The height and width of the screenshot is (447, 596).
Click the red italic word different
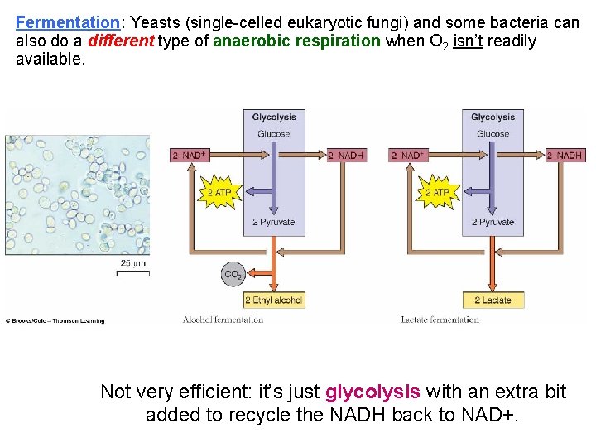click(x=122, y=41)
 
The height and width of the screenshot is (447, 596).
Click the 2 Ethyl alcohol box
click(x=274, y=300)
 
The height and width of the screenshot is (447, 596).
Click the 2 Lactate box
click(x=493, y=300)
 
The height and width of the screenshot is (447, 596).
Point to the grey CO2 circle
click(x=233, y=274)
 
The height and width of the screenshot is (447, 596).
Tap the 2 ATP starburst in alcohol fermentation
click(x=219, y=193)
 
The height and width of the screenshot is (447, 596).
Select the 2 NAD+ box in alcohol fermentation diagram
click(x=189, y=155)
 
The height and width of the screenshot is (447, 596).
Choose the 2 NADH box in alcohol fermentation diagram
click(x=346, y=155)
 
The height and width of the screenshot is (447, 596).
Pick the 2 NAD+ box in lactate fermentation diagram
click(x=406, y=155)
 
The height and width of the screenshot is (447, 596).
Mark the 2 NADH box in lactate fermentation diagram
click(x=565, y=155)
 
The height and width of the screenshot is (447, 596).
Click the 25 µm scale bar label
click(x=132, y=263)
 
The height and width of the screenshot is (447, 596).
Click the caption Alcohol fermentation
click(x=223, y=320)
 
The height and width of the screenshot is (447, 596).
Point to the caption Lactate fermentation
click(x=440, y=320)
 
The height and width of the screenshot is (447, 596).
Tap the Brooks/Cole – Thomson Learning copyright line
click(x=56, y=320)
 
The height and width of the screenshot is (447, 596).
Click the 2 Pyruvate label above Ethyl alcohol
click(x=274, y=222)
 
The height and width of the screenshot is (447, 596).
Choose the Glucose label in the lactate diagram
click(x=493, y=134)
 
